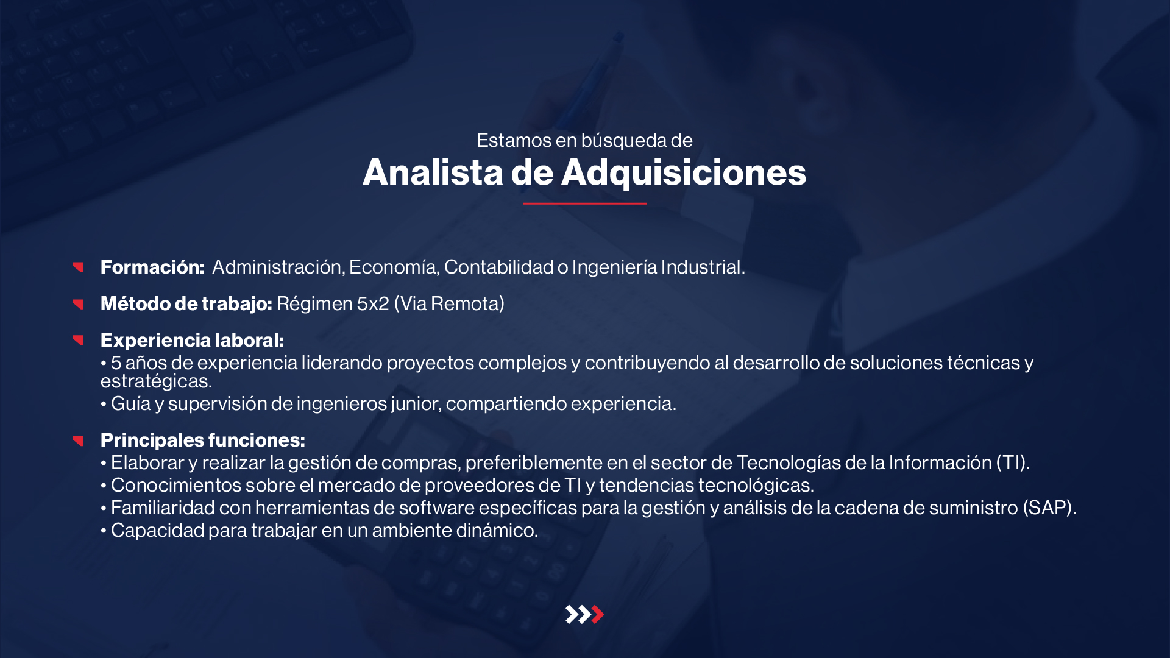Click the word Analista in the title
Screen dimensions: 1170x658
pyautogui.click(x=433, y=172)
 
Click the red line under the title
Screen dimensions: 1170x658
pyautogui.click(x=584, y=203)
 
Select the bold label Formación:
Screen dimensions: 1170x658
pyautogui.click(x=152, y=267)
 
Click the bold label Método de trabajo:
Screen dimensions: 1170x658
pyautogui.click(x=186, y=303)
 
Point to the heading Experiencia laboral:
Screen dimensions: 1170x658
pyautogui.click(x=192, y=340)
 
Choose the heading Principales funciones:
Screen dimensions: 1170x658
pyautogui.click(x=203, y=440)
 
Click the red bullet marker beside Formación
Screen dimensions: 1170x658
pyautogui.click(x=78, y=267)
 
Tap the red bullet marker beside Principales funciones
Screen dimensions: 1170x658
pyautogui.click(x=78, y=440)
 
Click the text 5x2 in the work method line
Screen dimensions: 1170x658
pyautogui.click(x=373, y=303)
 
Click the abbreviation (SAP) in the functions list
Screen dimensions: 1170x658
pyautogui.click(x=1049, y=508)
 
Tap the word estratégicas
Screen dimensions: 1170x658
pyautogui.click(x=156, y=381)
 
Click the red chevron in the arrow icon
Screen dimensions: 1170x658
pyautogui.click(x=598, y=615)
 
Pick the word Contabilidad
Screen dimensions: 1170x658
pyautogui.click(x=498, y=267)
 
